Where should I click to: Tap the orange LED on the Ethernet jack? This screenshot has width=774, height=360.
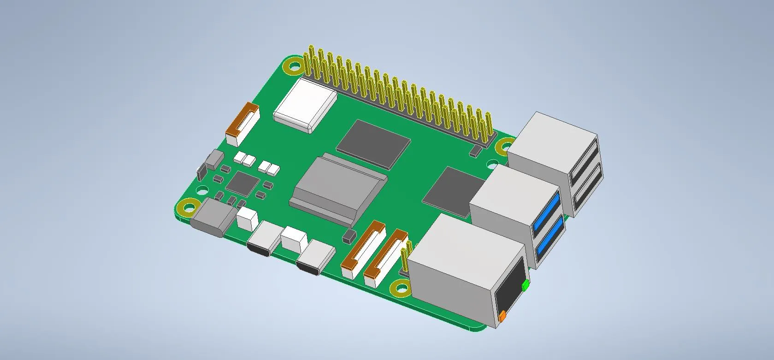tap(502, 316)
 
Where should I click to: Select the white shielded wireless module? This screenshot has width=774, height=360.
tap(305, 106)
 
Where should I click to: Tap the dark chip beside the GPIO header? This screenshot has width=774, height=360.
tap(373, 142)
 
